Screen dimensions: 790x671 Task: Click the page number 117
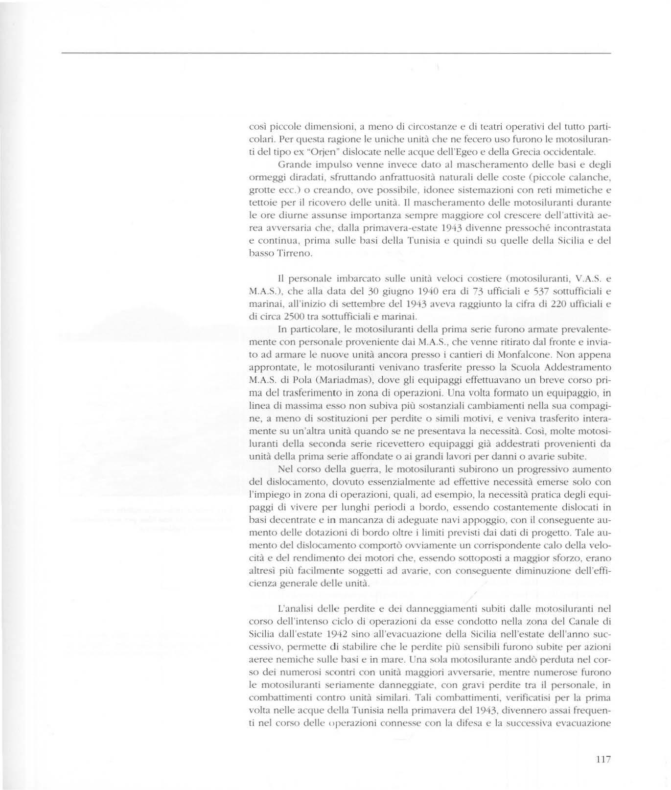tap(602, 760)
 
